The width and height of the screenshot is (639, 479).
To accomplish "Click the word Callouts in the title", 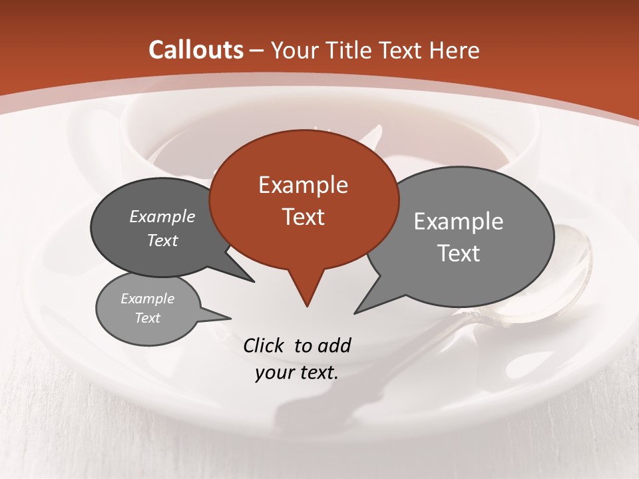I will click(x=196, y=50).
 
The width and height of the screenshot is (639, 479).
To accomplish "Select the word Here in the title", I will click(x=454, y=50).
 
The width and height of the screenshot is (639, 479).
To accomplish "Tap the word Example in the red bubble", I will click(x=303, y=185).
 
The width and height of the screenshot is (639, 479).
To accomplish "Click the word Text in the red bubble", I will click(x=303, y=217).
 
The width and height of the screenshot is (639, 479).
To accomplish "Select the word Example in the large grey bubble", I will click(x=459, y=222).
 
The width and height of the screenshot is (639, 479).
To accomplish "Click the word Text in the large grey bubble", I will click(x=459, y=253).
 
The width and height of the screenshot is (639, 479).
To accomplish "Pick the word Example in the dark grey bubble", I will click(x=162, y=217).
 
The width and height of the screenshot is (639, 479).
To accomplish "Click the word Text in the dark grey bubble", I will click(x=162, y=240).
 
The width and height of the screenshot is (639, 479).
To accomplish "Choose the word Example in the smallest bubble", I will click(x=147, y=299).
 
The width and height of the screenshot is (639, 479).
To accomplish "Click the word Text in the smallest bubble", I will click(x=147, y=318).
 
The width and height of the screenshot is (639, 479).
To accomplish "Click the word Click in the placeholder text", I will click(x=264, y=345).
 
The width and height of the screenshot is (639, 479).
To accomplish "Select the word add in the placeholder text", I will click(x=334, y=345).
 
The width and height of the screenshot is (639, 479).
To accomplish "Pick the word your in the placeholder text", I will click(x=274, y=373).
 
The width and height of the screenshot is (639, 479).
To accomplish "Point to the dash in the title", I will click(x=258, y=51).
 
